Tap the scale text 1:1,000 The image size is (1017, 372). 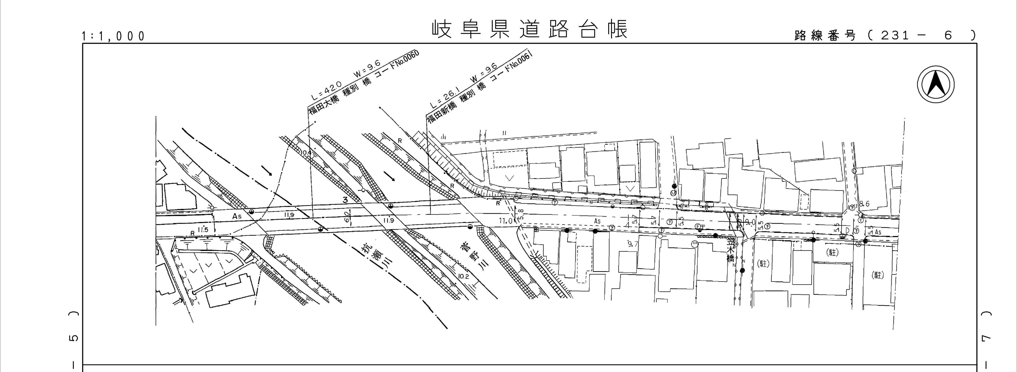113,36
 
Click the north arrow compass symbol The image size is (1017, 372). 935,84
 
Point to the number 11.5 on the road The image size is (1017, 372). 203,230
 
